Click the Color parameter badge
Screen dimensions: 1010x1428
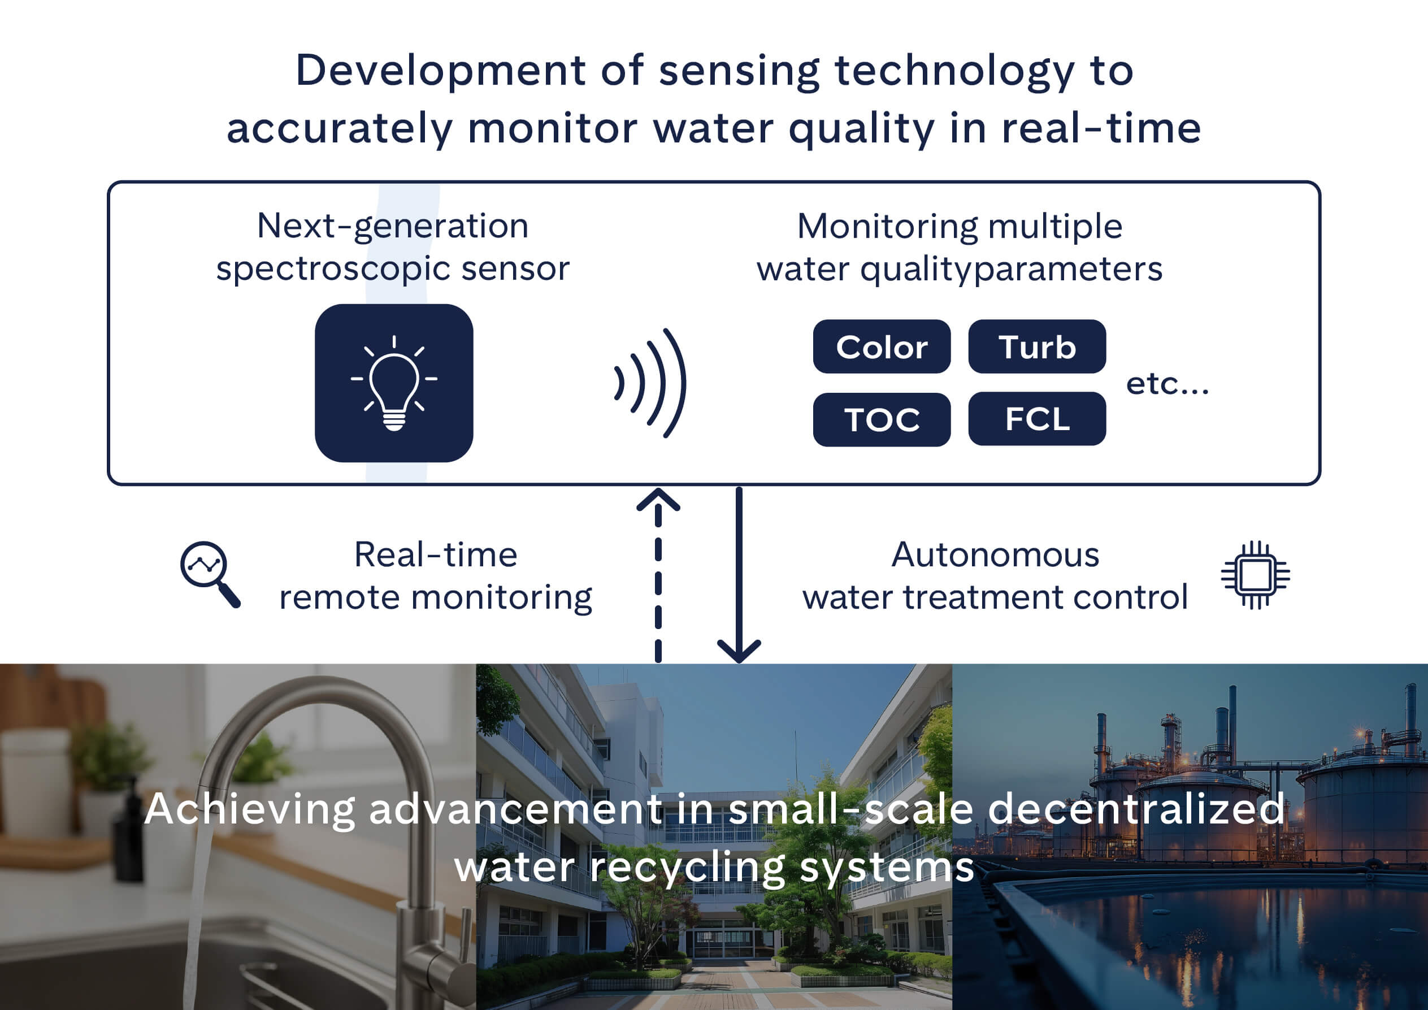[882, 346]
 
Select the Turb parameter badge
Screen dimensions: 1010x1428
[1037, 346]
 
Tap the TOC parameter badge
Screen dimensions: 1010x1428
[882, 419]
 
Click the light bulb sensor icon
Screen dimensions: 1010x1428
[394, 383]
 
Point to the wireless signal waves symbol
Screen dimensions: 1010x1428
[650, 383]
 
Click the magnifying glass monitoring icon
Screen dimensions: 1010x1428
[209, 574]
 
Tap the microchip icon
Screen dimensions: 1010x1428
[1255, 575]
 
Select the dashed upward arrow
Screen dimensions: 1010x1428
[658, 575]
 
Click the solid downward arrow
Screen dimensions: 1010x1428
[739, 575]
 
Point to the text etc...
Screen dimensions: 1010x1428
[1167, 384]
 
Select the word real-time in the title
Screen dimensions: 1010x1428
[1101, 129]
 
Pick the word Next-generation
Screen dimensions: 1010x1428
[392, 225]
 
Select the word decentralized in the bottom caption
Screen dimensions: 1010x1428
[1136, 809]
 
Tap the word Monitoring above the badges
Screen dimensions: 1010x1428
[887, 226]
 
